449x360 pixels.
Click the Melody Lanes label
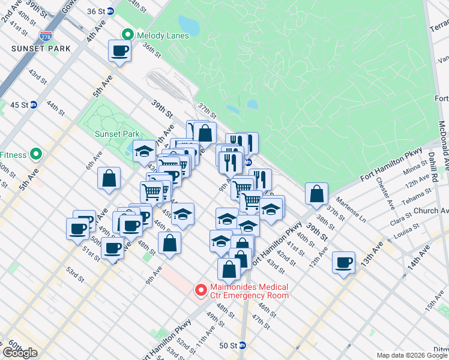click(163, 35)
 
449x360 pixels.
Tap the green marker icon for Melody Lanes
click(127, 35)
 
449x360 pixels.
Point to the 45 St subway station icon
click(34, 104)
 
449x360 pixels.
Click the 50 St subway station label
click(228, 346)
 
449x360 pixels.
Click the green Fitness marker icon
click(35, 155)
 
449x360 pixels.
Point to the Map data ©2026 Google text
click(412, 355)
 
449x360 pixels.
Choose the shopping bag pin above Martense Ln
click(316, 193)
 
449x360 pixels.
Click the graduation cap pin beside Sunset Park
click(144, 151)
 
